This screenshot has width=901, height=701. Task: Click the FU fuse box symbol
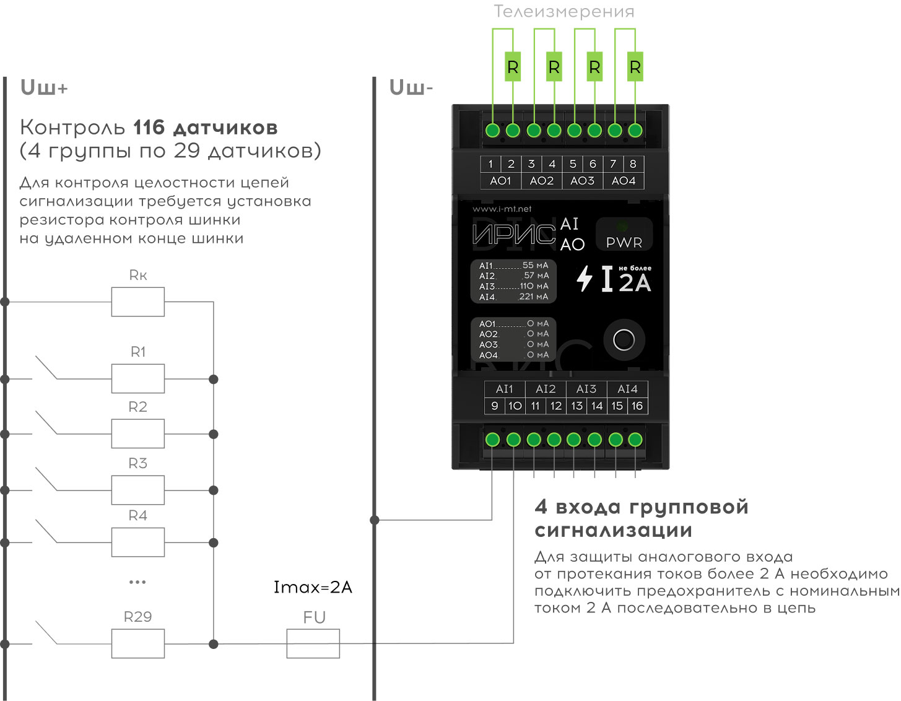313,643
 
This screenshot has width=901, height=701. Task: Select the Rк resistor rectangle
138,302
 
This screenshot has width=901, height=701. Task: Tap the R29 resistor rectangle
138,643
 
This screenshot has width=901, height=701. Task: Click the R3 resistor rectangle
138,490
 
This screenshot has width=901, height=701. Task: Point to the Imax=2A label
313,587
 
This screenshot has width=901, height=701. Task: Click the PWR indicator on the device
624,235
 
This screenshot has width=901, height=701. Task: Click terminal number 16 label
637,406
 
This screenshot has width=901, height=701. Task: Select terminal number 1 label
490,164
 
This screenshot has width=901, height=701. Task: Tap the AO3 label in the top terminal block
582,181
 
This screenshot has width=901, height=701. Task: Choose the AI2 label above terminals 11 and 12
546,389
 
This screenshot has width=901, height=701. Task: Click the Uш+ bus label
44,88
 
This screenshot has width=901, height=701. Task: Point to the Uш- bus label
411,88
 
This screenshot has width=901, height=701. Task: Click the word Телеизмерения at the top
564,12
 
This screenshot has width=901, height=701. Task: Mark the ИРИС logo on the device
514,234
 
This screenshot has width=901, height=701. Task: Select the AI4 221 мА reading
513,297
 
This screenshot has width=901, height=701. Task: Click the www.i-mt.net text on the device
502,209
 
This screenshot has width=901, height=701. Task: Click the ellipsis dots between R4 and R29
137,582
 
